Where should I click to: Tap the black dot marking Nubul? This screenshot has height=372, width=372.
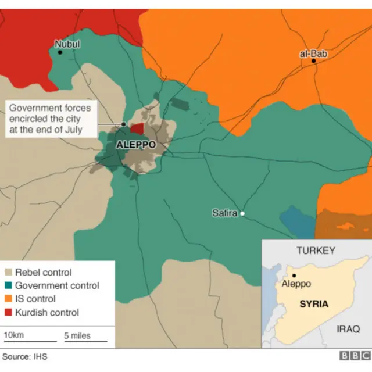click(60, 52)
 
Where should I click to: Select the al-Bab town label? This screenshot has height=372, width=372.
click(313, 53)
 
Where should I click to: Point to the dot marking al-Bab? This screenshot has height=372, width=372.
click(313, 61)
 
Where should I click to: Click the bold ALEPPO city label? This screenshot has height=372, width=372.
click(136, 145)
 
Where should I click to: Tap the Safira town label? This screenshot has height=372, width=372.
click(224, 213)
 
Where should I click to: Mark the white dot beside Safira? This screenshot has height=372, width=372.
click(242, 214)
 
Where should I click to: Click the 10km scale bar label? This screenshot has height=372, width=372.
click(13, 335)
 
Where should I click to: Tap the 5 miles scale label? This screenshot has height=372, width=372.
click(77, 335)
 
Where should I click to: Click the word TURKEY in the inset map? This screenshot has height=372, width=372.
click(316, 251)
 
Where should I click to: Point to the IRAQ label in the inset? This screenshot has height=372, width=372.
click(349, 329)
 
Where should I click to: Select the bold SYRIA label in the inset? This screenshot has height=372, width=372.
click(314, 304)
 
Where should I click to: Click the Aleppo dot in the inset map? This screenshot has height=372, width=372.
click(295, 276)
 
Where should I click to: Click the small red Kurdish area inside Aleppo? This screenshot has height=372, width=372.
click(137, 128)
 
